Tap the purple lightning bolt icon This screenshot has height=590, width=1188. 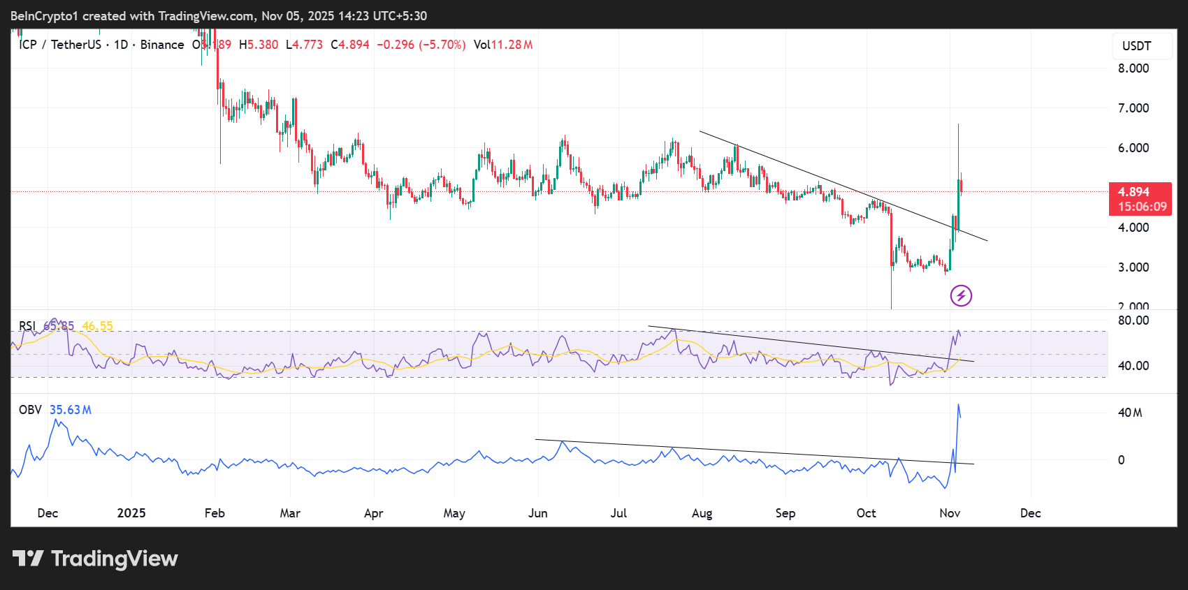pyautogui.click(x=961, y=295)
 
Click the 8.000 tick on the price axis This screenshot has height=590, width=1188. pyautogui.click(x=1133, y=68)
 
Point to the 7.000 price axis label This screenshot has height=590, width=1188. pyautogui.click(x=1133, y=108)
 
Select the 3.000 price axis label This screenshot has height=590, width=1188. pyautogui.click(x=1133, y=267)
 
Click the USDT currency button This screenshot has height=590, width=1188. pyautogui.click(x=1136, y=46)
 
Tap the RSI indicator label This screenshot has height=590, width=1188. pyautogui.click(x=27, y=326)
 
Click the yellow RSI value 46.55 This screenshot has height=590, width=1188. pyautogui.click(x=97, y=326)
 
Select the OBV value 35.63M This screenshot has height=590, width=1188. pyautogui.click(x=70, y=410)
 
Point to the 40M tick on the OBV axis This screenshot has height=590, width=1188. pyautogui.click(x=1129, y=413)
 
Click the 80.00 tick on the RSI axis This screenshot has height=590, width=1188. pyautogui.click(x=1133, y=320)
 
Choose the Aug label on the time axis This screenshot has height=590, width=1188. pyautogui.click(x=702, y=513)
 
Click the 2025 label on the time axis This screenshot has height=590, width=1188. pyautogui.click(x=131, y=513)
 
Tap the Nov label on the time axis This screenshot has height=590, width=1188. pyautogui.click(x=949, y=513)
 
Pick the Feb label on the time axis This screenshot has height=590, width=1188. pyautogui.click(x=215, y=513)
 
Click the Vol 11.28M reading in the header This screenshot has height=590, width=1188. pyautogui.click(x=502, y=45)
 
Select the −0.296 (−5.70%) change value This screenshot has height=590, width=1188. pyautogui.click(x=421, y=45)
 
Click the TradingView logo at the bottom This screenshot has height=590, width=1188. pyautogui.click(x=96, y=559)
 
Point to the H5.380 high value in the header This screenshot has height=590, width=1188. pyautogui.click(x=259, y=45)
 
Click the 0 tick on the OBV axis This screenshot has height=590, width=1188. pyautogui.click(x=1121, y=460)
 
